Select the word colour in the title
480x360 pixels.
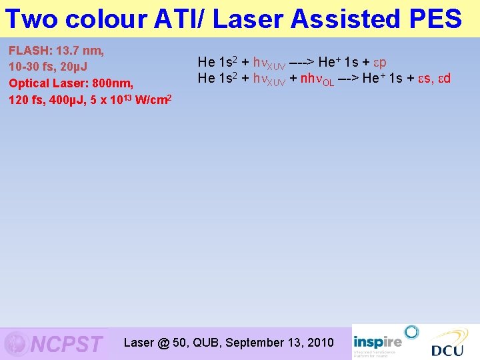pos(108,19)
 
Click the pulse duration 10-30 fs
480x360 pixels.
pos(32,67)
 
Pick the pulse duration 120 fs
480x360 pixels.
pos(27,100)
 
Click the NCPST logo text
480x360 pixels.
pos(67,344)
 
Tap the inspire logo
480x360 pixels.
pos(378,337)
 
